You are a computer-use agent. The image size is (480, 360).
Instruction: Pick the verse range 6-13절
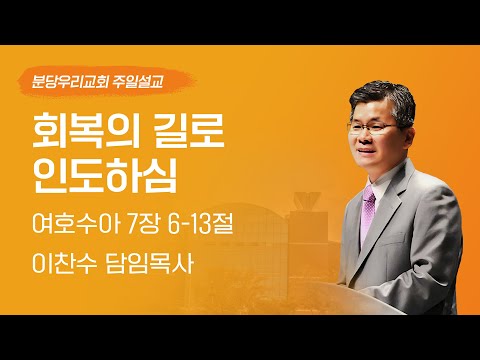198,220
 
